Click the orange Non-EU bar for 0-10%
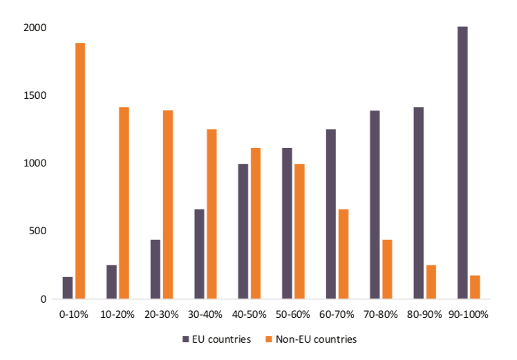click(x=80, y=171)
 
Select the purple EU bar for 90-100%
click(x=462, y=162)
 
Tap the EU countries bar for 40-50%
click(x=243, y=231)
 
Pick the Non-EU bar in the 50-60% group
click(x=299, y=231)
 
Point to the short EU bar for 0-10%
click(x=68, y=288)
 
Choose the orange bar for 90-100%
click(x=475, y=287)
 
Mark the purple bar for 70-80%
click(x=375, y=205)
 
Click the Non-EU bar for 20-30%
click(x=168, y=205)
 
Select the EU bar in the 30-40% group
click(x=199, y=254)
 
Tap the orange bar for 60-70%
click(x=344, y=254)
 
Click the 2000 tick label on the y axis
click(x=36, y=28)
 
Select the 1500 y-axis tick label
click(x=36, y=95)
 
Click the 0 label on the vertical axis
click(x=43, y=299)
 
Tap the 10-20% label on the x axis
click(x=117, y=314)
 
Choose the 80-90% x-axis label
click(x=425, y=314)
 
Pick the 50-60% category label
click(x=293, y=314)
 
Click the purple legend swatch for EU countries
click(x=185, y=339)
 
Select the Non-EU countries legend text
click(x=316, y=339)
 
